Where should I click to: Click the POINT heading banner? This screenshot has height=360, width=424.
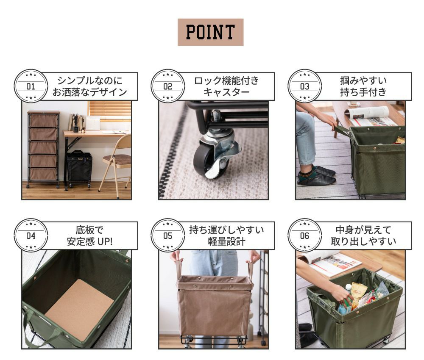coord(210,32)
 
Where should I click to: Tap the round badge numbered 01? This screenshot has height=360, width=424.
coord(31,86)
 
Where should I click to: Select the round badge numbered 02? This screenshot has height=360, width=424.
coord(167,86)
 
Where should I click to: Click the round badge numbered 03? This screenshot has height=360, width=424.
coord(305,86)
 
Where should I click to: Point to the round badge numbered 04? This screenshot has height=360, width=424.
coord(31,235)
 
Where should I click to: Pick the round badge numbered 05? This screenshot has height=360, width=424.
coord(167,235)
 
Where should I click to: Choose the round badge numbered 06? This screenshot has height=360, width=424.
coord(305,235)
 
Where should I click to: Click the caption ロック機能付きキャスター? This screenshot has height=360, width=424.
coord(226,86)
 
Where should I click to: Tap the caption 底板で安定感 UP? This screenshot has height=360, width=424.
coord(89,235)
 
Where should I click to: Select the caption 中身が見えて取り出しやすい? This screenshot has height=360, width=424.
coord(363,235)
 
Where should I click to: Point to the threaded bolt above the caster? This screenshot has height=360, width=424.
coord(216,115)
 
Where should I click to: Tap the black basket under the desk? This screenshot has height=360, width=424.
coord(80,168)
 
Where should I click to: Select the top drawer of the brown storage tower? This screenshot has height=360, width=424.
coord(44,120)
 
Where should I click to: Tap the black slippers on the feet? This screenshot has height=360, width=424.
coord(316,176)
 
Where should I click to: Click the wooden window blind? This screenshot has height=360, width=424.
coord(110,111)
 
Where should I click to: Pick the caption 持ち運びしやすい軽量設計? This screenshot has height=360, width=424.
coord(226,235)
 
